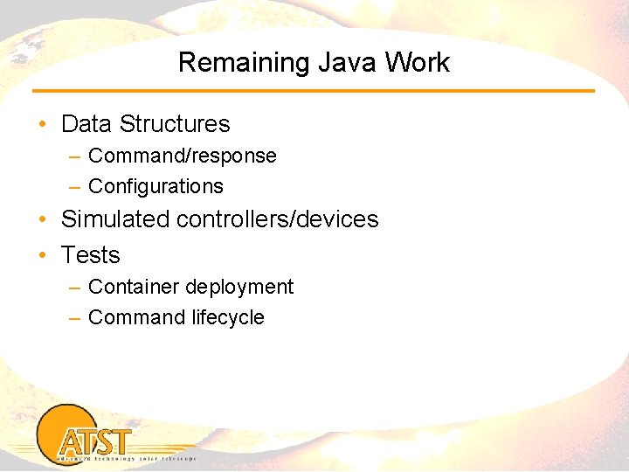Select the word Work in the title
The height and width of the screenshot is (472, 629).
pyautogui.click(x=417, y=63)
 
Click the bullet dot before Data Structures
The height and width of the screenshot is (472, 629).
pyautogui.click(x=43, y=125)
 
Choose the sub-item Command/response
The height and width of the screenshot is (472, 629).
pyautogui.click(x=182, y=156)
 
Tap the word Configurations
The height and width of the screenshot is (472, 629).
pyautogui.click(x=156, y=186)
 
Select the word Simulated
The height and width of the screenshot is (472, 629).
pyautogui.click(x=115, y=219)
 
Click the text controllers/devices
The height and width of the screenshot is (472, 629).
pyautogui.click(x=277, y=219)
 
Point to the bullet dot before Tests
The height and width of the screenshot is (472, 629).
pyautogui.click(x=43, y=256)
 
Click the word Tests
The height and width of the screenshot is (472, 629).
pyautogui.click(x=90, y=255)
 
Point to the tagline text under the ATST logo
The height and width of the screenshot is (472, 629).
pyautogui.click(x=126, y=458)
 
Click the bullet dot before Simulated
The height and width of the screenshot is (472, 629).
pyautogui.click(x=43, y=219)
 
